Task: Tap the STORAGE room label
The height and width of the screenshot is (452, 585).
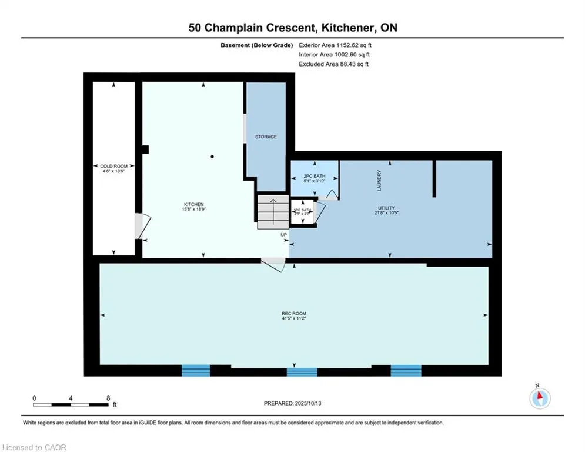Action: (x=266, y=137)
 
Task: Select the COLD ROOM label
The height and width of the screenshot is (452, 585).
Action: (x=113, y=167)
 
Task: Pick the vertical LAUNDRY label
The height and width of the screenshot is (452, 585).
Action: (x=380, y=181)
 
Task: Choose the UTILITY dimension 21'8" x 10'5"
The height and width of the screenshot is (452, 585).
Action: (x=386, y=212)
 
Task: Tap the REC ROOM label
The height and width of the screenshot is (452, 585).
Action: (x=294, y=313)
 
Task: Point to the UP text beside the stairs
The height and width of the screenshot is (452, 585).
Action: (x=283, y=235)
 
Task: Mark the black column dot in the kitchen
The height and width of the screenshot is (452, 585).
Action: (x=212, y=157)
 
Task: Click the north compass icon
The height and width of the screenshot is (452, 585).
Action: (x=539, y=398)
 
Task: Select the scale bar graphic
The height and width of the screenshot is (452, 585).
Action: (x=71, y=404)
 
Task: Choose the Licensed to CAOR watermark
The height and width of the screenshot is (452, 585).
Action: (x=34, y=447)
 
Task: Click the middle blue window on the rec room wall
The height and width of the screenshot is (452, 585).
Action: (x=302, y=371)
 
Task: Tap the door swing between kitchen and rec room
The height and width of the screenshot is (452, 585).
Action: (x=273, y=264)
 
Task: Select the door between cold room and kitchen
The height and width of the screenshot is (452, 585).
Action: (x=141, y=225)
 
